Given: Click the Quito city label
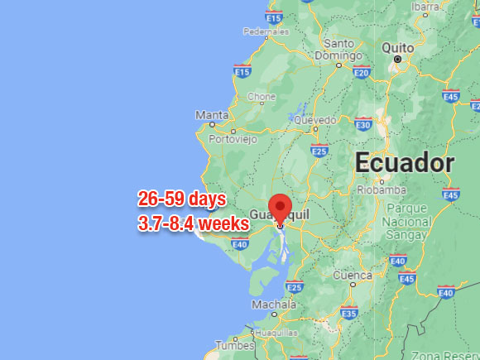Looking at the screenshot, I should point(397,48).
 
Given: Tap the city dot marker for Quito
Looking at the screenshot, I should point(397,60).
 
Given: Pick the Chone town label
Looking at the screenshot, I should point(262,97).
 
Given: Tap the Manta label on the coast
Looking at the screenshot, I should point(212,115).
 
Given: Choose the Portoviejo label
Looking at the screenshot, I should point(232,139).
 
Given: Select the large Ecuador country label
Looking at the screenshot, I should point(405,163).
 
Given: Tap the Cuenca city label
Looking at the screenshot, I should point(352,275).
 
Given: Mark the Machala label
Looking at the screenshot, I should point(268,305).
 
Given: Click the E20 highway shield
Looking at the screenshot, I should point(361,73).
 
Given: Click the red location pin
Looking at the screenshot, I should point(281,208).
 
